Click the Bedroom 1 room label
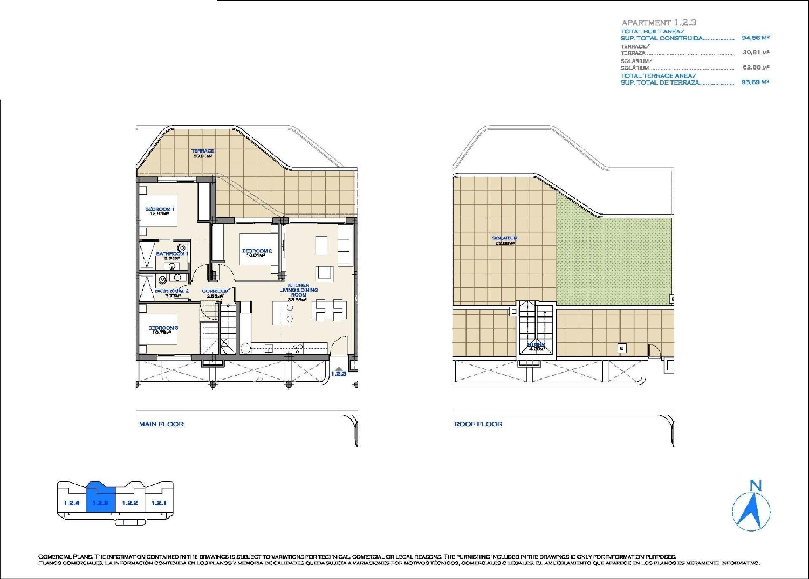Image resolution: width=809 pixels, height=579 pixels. pos(159,211)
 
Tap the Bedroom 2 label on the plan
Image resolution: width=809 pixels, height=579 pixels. pos(257,252)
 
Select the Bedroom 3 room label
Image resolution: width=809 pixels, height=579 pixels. pos(163,329)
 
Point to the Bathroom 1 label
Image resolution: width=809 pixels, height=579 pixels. pos(172,255)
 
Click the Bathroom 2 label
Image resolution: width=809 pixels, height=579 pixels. pos(172,292)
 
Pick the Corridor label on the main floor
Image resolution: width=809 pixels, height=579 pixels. pos(215,293)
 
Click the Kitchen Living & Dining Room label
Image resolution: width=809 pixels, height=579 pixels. pos(298,290)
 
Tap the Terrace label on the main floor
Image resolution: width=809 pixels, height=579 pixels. pos(203,153)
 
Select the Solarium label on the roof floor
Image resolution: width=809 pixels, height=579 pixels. pos(504,240)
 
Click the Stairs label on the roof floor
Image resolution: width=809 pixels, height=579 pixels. pos(536,346)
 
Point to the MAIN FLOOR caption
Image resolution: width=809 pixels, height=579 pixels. pos(161,424)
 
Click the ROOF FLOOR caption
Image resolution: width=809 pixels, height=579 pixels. pos(478,424)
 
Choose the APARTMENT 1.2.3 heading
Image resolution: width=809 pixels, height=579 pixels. pos(659,23)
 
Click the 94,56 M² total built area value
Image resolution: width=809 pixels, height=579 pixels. pos(755,38)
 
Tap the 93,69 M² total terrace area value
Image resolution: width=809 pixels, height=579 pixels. pos(755,82)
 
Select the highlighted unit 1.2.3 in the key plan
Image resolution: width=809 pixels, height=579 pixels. pos(100,502)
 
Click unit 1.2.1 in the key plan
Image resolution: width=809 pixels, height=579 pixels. pos(159,502)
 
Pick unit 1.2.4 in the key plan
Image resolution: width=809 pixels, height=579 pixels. pos(71,502)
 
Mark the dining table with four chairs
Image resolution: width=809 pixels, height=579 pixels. pos(329,311)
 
